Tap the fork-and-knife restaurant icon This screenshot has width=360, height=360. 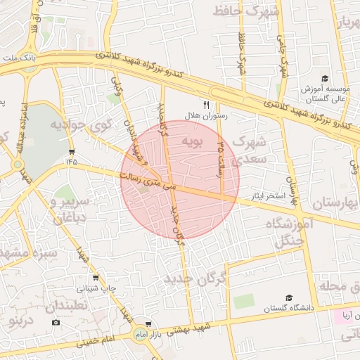[x=206, y=104]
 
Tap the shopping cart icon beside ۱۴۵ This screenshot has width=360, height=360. [x=72, y=152]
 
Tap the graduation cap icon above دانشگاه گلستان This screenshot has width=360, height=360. [x=290, y=297]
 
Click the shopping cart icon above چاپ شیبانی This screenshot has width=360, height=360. [x=96, y=277]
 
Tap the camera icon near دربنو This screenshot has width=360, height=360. [x=56, y=322]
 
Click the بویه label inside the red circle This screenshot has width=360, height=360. [x=193, y=142]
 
